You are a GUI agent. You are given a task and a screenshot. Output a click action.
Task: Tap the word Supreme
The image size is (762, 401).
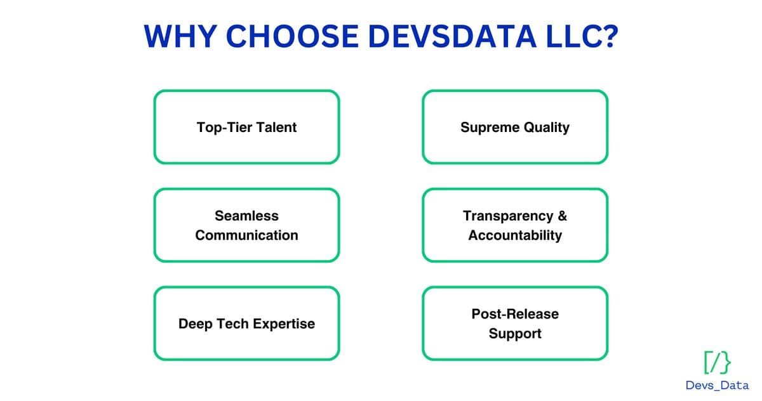tap(487, 127)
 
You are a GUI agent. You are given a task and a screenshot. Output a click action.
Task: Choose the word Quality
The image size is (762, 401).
tap(544, 127)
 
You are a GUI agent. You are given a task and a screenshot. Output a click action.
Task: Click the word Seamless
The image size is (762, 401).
tap(246, 216)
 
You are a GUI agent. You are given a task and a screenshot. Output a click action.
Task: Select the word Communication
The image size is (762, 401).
tap(246, 235)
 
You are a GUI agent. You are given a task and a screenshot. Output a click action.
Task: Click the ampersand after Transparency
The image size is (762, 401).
tap(562, 216)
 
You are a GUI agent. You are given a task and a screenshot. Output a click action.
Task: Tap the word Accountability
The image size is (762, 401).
tap(515, 235)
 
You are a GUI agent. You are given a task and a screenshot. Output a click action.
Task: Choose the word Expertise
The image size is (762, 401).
tap(283, 324)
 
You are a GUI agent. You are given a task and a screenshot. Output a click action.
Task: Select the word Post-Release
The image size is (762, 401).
tap(515, 314)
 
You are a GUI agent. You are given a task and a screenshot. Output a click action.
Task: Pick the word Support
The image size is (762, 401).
tap(515, 334)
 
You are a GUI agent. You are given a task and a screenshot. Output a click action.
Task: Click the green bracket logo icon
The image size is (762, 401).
tap(717, 362)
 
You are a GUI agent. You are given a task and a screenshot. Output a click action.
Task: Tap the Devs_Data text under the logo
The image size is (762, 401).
tap(717, 385)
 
